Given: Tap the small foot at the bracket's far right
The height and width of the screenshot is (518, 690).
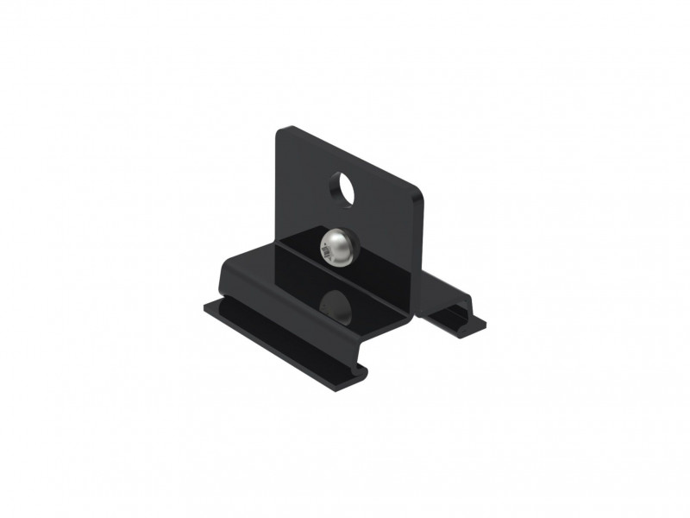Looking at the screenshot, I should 457,319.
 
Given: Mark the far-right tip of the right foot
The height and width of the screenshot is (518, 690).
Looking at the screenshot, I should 484,325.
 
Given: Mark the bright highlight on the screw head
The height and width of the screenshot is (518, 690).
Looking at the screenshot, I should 337,239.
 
